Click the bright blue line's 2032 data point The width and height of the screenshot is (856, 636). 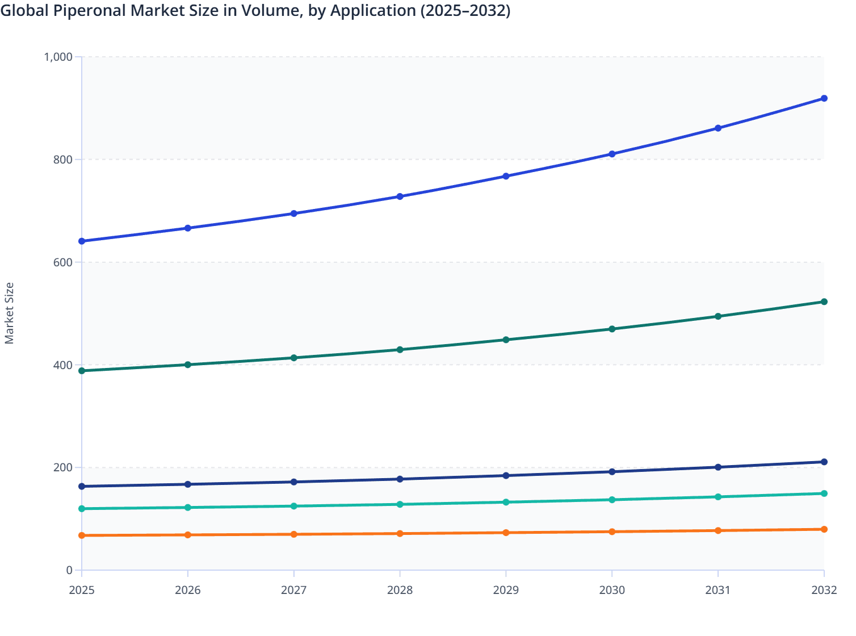pyautogui.click(x=824, y=98)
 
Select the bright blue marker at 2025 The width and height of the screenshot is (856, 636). pyautogui.click(x=82, y=241)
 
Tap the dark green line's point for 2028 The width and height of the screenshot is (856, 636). pyautogui.click(x=400, y=350)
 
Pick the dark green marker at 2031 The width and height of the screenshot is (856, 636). pyautogui.click(x=717, y=316)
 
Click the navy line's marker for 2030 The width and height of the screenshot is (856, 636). pyautogui.click(x=612, y=472)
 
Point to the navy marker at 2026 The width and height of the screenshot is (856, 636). pyautogui.click(x=188, y=484)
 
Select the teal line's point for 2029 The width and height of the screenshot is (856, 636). pyautogui.click(x=506, y=503)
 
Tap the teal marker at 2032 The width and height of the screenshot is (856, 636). pyautogui.click(x=824, y=493)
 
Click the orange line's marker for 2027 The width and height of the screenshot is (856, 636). pyautogui.click(x=293, y=534)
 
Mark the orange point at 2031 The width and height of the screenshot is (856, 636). pyautogui.click(x=717, y=530)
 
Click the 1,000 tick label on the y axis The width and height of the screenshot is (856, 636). pyautogui.click(x=58, y=57)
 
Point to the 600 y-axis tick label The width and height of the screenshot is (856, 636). pyautogui.click(x=62, y=262)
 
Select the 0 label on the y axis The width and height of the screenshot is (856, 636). pyautogui.click(x=69, y=570)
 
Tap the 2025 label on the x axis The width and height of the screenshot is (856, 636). pyautogui.click(x=82, y=591)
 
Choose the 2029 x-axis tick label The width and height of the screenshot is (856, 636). pyautogui.click(x=506, y=591)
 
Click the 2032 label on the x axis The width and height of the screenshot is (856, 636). pyautogui.click(x=824, y=591)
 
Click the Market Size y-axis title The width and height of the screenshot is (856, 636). pyautogui.click(x=10, y=313)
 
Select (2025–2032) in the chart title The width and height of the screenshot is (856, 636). pyautogui.click(x=465, y=11)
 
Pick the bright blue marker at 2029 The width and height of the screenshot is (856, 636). pyautogui.click(x=506, y=177)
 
